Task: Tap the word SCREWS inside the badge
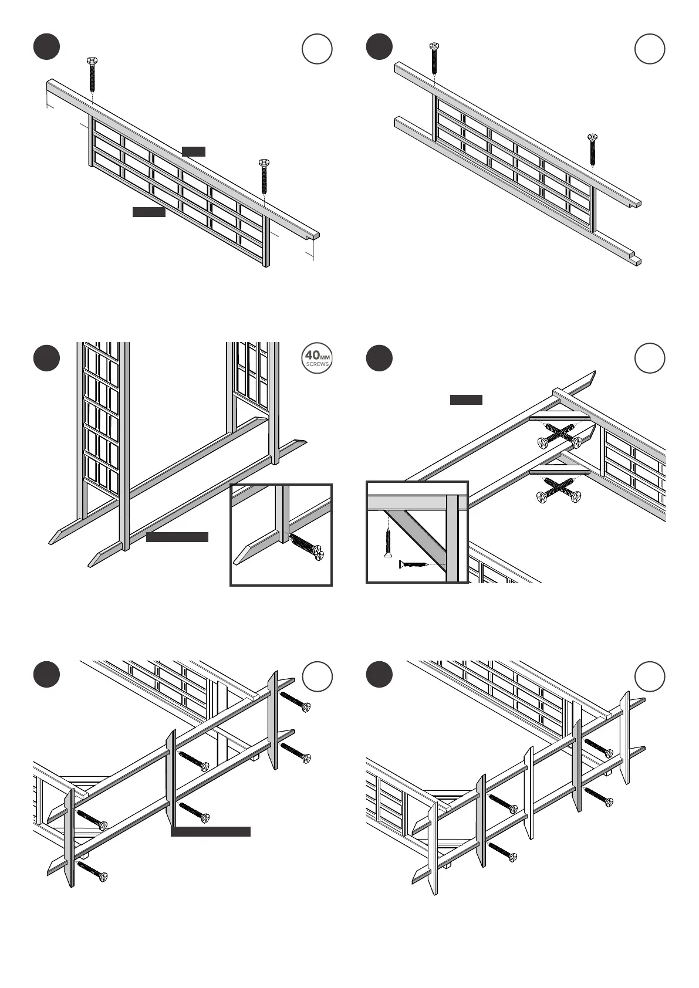pyautogui.click(x=317, y=364)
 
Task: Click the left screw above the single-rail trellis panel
pyautogui.click(x=92, y=75)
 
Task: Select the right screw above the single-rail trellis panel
pyautogui.click(x=264, y=176)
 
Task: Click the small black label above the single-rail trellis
pyautogui.click(x=194, y=151)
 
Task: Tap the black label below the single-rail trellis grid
pyautogui.click(x=149, y=212)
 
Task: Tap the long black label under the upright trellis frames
pyautogui.click(x=177, y=537)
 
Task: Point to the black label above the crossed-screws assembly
pyautogui.click(x=466, y=400)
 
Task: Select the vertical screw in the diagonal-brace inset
pyautogui.click(x=387, y=541)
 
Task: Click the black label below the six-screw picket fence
pyautogui.click(x=211, y=831)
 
